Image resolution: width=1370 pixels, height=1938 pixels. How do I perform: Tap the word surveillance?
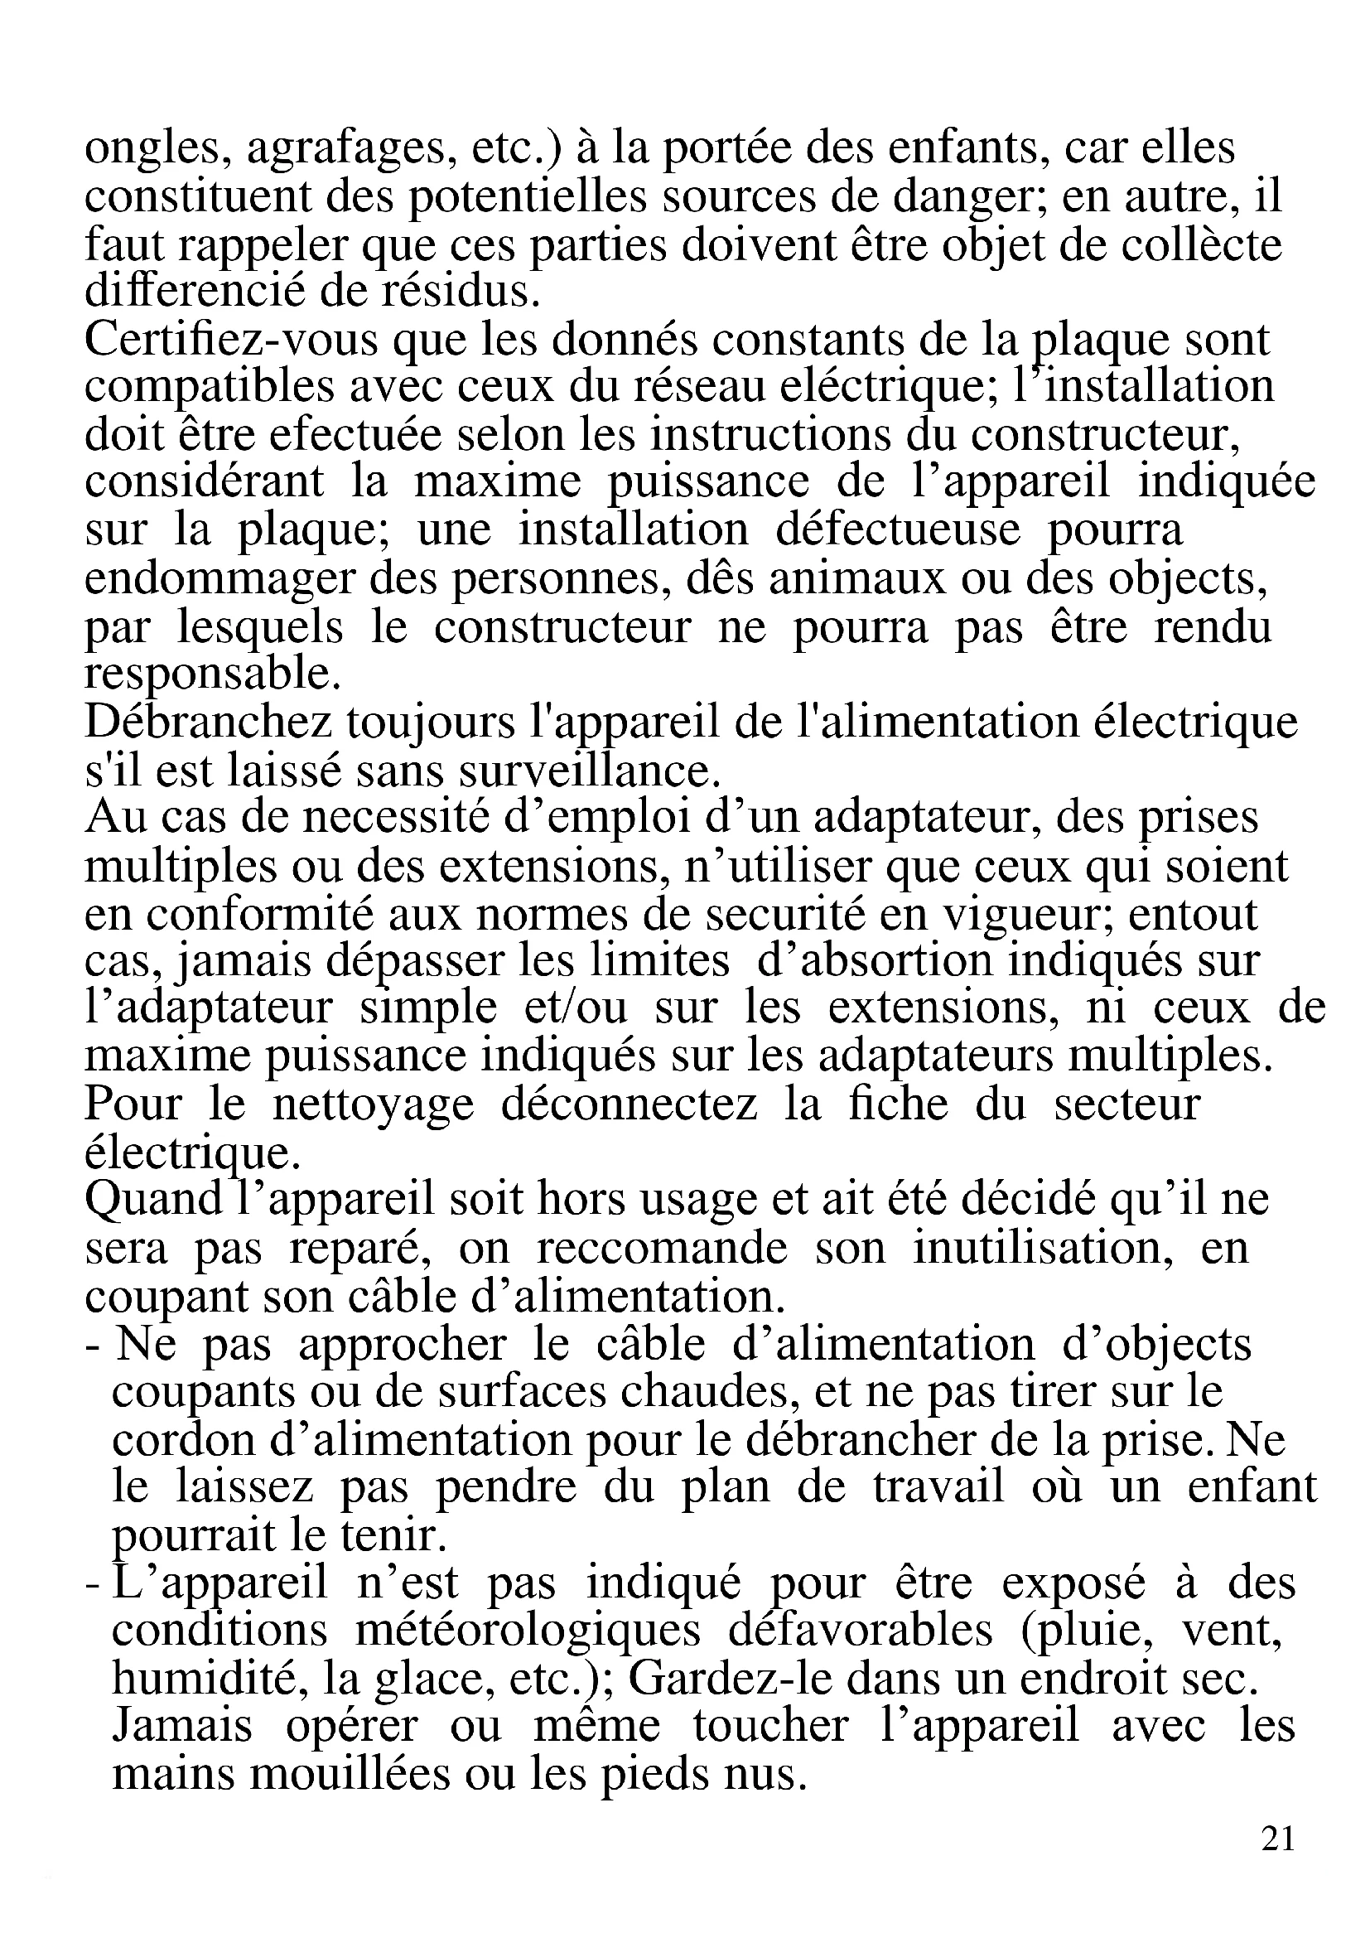click(578, 770)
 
